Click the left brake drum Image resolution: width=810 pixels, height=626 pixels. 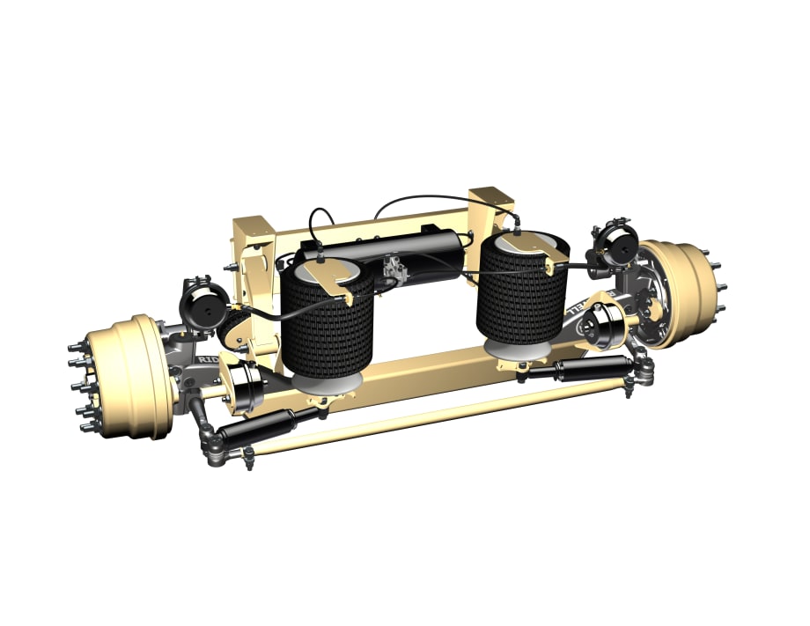[x=128, y=376]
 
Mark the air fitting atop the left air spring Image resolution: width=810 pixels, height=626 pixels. [x=320, y=257]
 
